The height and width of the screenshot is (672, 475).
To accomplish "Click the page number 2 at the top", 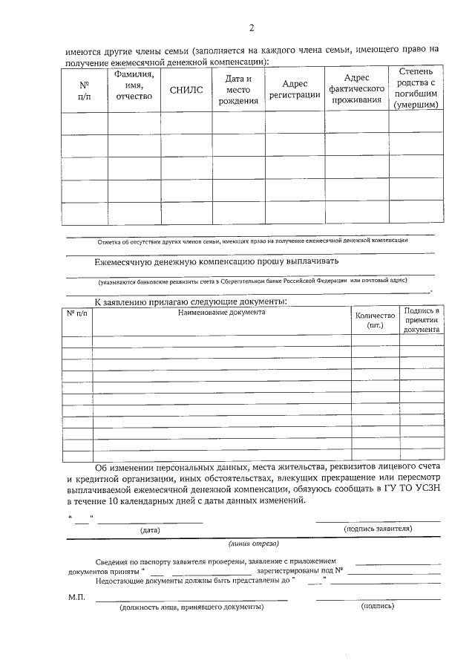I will pyautogui.click(x=252, y=28).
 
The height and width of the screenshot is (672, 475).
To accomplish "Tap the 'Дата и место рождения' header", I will pyautogui.click(x=238, y=90).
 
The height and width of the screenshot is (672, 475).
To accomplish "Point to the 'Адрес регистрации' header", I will pyautogui.click(x=294, y=90).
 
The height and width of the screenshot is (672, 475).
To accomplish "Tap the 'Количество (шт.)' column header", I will pyautogui.click(x=375, y=320).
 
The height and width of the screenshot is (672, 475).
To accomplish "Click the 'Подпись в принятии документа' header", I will pyautogui.click(x=422, y=319).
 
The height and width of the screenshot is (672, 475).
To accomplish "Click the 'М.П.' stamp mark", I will pyautogui.click(x=76, y=597).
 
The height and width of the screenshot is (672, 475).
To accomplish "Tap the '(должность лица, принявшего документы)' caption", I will pyautogui.click(x=191, y=607).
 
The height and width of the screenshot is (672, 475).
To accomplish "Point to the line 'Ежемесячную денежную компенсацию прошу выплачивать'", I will pyautogui.click(x=217, y=261).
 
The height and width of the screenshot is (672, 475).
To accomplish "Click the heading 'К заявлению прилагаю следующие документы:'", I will pyautogui.click(x=190, y=301).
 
